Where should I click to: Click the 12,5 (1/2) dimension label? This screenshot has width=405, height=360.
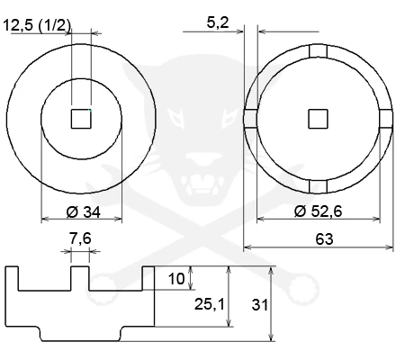37,25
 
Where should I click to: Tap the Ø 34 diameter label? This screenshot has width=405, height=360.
84,212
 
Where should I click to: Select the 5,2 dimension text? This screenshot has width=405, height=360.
218,22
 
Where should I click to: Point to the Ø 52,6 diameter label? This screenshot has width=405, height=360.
318,211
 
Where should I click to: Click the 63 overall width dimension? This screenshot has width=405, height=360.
324,239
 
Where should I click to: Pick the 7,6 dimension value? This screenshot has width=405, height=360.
80,238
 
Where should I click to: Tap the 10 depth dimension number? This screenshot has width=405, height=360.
176,279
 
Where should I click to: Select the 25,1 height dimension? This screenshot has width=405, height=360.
210,304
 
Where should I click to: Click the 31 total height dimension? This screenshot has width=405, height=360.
260,305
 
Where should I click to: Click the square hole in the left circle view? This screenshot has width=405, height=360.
81,119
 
